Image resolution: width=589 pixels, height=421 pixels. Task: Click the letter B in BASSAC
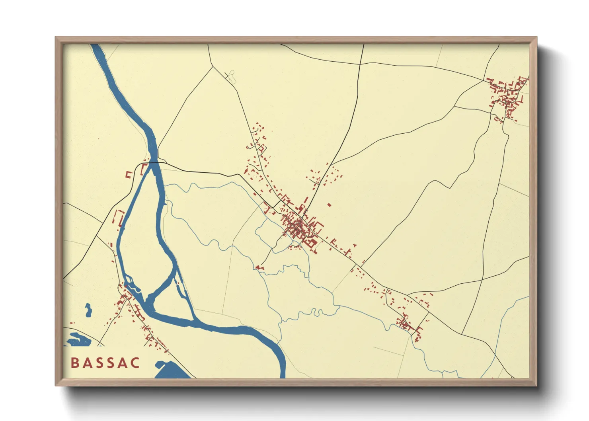(74, 363)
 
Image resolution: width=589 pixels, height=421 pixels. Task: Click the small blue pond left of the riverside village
(88, 310)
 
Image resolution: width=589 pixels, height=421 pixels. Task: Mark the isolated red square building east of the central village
(329, 205)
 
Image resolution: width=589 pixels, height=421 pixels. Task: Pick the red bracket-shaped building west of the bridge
(129, 174)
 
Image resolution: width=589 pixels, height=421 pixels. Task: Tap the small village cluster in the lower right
(408, 324)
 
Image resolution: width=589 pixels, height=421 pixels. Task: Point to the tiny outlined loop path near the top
(231, 76)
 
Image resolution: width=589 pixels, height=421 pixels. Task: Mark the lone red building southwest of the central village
(259, 268)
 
